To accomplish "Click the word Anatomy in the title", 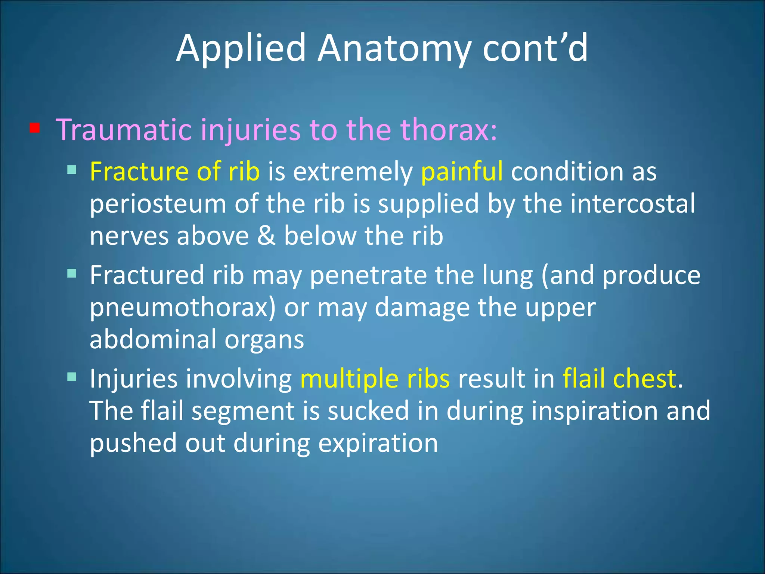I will click(x=394, y=49).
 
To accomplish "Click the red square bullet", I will click(x=35, y=129).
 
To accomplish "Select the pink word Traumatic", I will click(x=123, y=130).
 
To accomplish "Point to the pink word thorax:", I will click(x=448, y=130).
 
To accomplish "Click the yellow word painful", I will click(x=462, y=172).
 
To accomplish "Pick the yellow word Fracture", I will click(x=139, y=172).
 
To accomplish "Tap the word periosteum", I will click(x=158, y=205).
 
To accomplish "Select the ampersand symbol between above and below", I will click(x=266, y=236).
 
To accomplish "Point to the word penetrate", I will click(x=368, y=276).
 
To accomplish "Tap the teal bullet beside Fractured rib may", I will click(x=72, y=274).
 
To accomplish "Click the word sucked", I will click(x=368, y=411).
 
